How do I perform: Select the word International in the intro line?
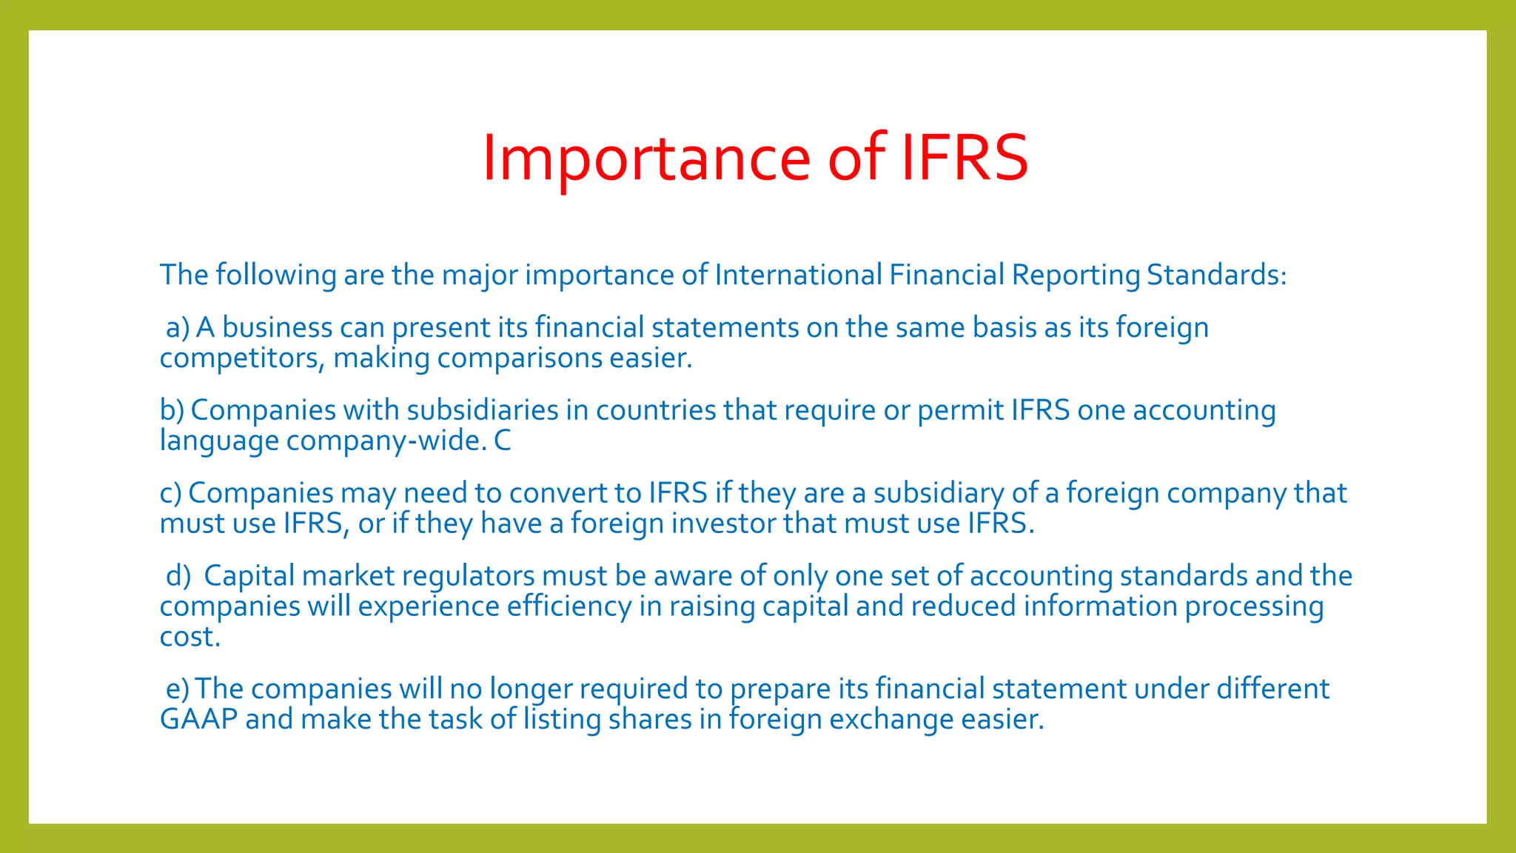tap(798, 275)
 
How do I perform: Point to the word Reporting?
tap(1076, 275)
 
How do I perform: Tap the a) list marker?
tap(178, 327)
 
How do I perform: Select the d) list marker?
tap(178, 576)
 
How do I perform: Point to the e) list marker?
tap(178, 689)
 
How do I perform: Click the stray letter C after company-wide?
tap(503, 441)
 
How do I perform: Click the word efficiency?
tap(568, 606)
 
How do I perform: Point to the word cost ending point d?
tap(189, 637)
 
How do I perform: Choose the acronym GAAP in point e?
tap(198, 719)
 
